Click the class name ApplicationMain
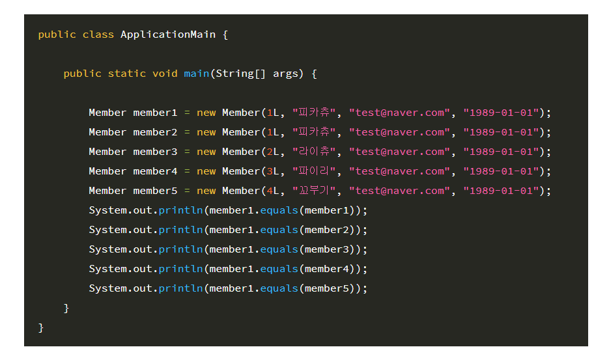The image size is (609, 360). (x=168, y=35)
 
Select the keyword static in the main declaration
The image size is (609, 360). (x=127, y=74)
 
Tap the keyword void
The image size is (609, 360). (x=165, y=74)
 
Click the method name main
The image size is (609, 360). (x=196, y=74)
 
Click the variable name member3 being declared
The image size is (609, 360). (x=155, y=152)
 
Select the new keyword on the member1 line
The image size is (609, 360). (x=206, y=113)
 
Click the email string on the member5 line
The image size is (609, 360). (x=399, y=191)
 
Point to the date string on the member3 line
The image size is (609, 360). (x=501, y=152)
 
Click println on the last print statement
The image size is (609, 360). (x=180, y=288)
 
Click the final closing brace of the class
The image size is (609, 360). (x=41, y=327)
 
